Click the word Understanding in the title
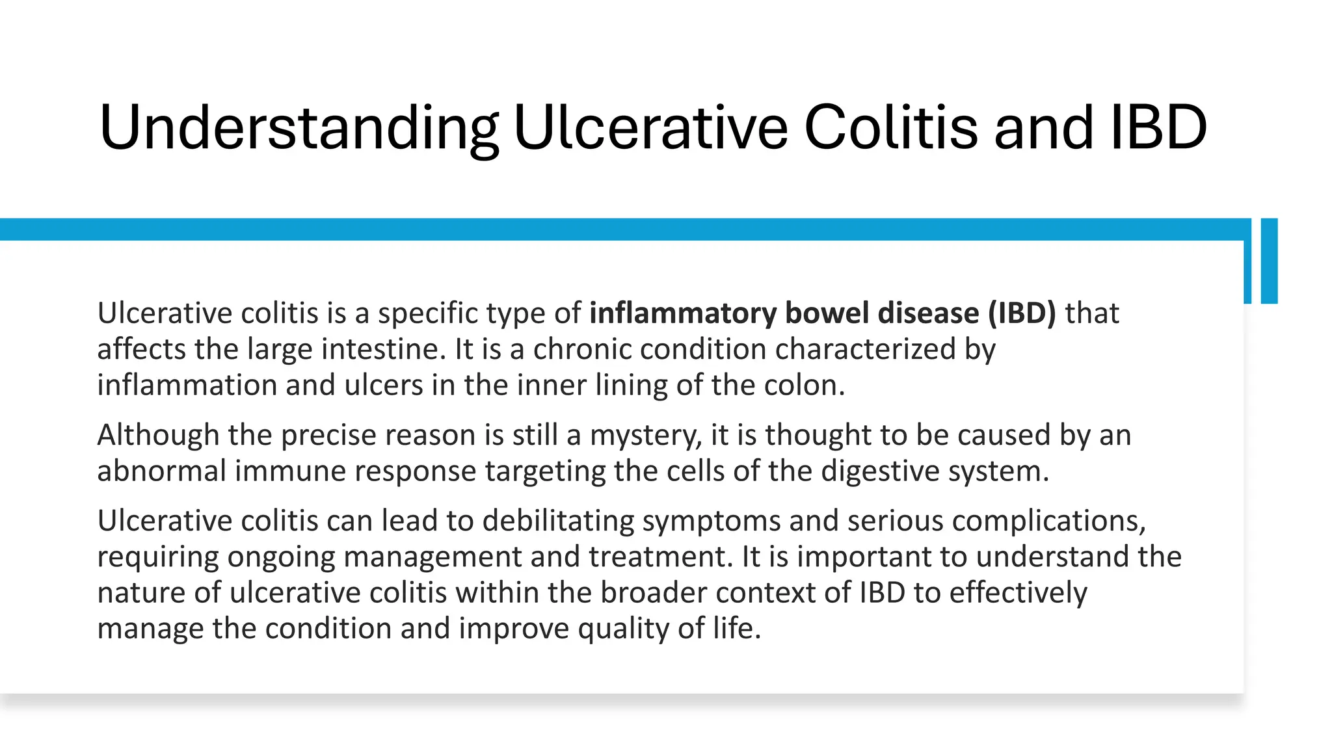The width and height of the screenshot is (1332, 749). [x=298, y=128]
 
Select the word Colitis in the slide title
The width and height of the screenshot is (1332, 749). [x=890, y=128]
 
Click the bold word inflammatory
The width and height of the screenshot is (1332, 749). [x=682, y=313]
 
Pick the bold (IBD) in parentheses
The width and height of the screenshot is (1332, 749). [x=1022, y=313]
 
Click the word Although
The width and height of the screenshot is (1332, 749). [x=158, y=435]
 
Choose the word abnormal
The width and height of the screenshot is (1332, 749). [x=161, y=471]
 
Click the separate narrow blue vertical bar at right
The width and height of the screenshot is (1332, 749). [x=1269, y=261]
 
